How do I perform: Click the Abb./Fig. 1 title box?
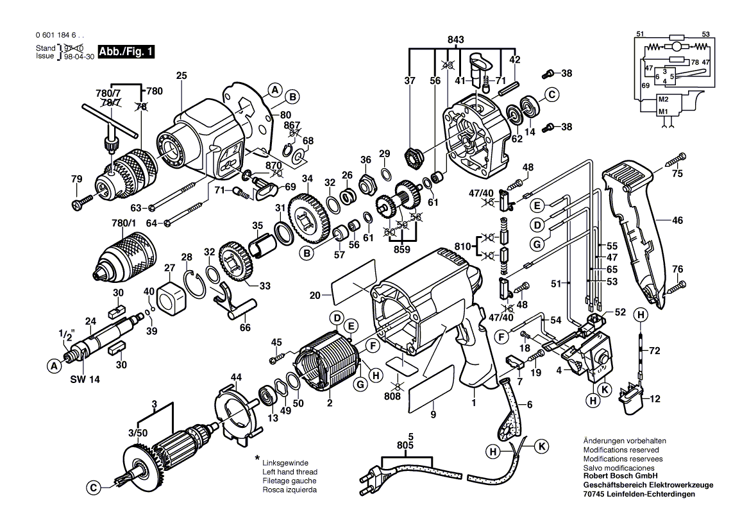[x=125, y=51]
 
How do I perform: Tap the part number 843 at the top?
[x=455, y=40]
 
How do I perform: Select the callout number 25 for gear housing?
[x=181, y=76]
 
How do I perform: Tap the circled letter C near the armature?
[x=94, y=488]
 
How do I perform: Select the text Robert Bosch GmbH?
[x=616, y=477]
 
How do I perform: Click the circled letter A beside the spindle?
[x=53, y=366]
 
